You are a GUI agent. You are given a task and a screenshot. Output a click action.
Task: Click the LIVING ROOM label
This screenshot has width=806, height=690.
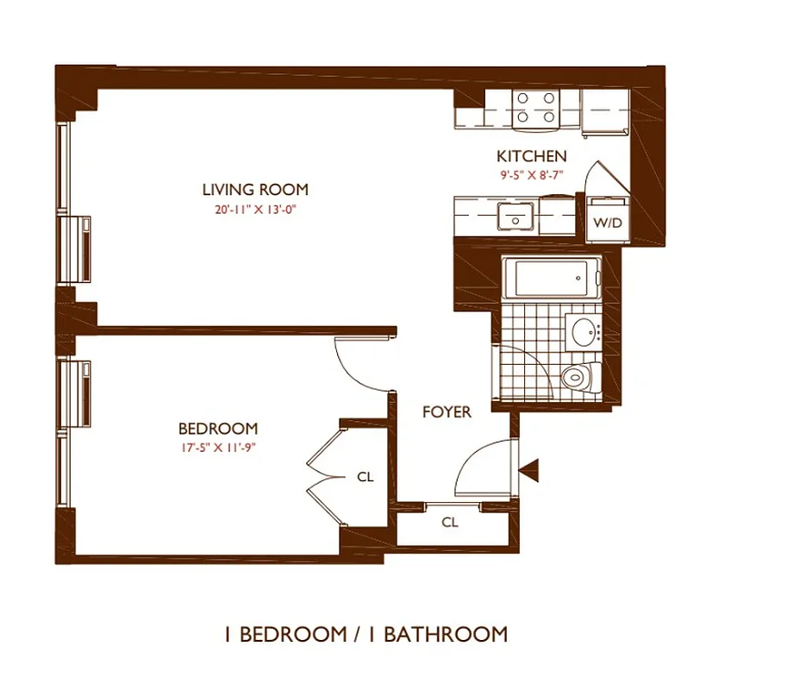click(255, 190)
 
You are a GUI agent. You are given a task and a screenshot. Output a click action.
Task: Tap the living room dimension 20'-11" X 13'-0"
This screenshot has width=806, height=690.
click(255, 208)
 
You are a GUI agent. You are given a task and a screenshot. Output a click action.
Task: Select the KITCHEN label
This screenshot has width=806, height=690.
click(532, 156)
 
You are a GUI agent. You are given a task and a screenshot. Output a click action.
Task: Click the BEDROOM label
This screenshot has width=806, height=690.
click(217, 429)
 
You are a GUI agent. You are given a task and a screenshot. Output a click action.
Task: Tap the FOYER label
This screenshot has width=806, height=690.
click(447, 412)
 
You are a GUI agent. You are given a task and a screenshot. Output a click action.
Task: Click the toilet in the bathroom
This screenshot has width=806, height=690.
click(580, 377)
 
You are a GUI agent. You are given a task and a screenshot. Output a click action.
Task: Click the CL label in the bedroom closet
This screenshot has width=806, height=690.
click(366, 476)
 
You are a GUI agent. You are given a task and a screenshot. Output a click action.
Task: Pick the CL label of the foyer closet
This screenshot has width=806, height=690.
click(449, 523)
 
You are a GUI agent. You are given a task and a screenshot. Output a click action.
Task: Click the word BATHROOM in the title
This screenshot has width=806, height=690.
click(445, 635)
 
